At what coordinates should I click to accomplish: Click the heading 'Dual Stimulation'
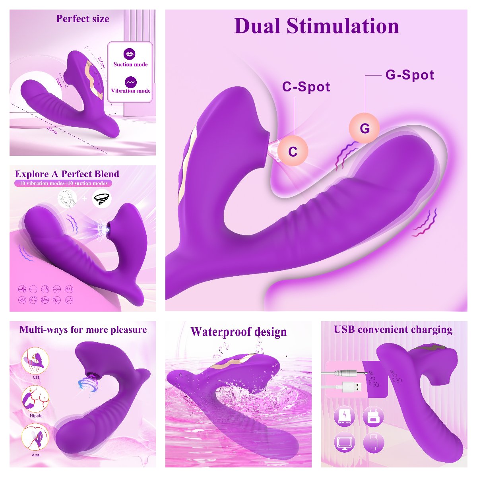coord(316,26)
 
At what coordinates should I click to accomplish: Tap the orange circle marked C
coord(293,151)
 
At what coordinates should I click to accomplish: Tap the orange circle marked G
coord(365,128)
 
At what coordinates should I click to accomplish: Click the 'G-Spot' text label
coord(409,75)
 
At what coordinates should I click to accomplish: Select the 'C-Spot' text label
coord(306,87)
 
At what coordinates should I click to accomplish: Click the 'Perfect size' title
coord(83,19)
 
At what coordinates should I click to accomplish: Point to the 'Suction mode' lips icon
coord(130,54)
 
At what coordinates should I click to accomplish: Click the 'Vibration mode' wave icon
coord(130,82)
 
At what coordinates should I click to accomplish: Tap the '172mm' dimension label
coord(52,130)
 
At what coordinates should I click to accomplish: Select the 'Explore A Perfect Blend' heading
coord(67,174)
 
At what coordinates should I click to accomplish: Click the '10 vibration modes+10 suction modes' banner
coord(64,183)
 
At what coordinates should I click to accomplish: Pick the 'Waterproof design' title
coord(238,332)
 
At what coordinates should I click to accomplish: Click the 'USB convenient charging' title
coord(393,330)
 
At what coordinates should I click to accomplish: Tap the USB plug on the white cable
coord(354,387)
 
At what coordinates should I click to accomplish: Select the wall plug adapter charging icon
coord(373,417)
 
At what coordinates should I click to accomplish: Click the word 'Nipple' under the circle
coord(36,416)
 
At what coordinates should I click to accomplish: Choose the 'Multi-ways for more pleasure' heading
coord(83,330)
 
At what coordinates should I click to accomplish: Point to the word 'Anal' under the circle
coord(36,455)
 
